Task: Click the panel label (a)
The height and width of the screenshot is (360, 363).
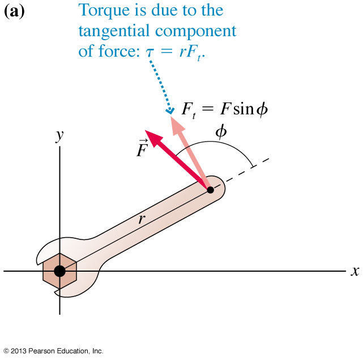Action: (14, 11)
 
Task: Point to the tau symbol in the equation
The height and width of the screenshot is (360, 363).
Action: (150, 52)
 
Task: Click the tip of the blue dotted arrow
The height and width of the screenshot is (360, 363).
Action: (170, 113)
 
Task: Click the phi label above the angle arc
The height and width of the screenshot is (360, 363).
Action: (221, 132)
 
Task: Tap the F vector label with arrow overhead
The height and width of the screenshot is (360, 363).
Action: (142, 148)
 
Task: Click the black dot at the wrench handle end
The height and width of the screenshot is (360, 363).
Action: (210, 190)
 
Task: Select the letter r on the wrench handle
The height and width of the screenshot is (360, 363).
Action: (142, 218)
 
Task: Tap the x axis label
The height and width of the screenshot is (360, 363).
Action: (355, 271)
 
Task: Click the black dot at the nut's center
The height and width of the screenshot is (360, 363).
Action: (59, 271)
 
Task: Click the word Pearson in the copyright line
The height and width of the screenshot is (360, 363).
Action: (42, 351)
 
